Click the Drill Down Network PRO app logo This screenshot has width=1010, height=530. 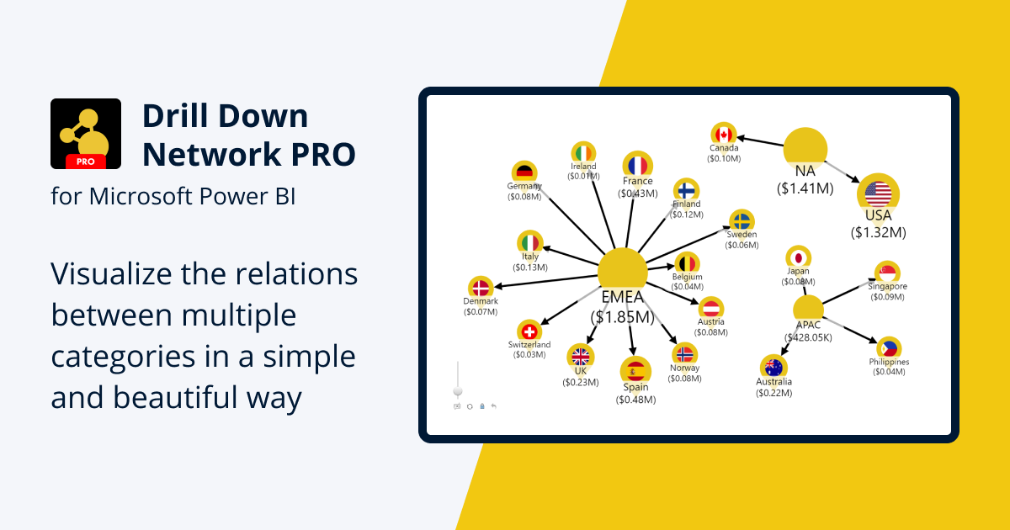click(86, 134)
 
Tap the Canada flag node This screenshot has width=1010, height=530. click(723, 135)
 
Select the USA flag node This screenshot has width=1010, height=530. click(878, 193)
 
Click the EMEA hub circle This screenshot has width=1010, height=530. click(622, 272)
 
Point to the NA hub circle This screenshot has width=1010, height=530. click(805, 146)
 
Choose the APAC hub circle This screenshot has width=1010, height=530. click(808, 309)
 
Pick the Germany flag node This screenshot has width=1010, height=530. click(525, 172)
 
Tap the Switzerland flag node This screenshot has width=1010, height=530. click(529, 331)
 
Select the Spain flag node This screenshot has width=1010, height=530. click(635, 370)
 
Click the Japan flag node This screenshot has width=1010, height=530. click(798, 257)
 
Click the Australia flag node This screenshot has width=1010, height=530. click(773, 368)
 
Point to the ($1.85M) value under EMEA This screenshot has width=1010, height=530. click(622, 317)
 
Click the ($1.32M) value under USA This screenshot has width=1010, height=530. click(878, 232)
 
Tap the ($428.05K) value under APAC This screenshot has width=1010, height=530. click(808, 337)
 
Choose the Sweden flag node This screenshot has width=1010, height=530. click(742, 221)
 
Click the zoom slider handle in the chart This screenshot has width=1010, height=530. click(458, 391)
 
